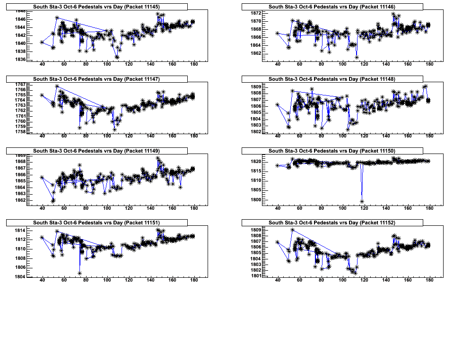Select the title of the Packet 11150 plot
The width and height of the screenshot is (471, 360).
(332, 151)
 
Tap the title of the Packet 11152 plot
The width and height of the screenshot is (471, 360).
(332, 223)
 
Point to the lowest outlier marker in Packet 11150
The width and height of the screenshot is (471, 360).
(362, 202)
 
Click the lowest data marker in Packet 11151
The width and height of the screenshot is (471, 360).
(80, 273)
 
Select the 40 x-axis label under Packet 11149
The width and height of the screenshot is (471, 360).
(42, 209)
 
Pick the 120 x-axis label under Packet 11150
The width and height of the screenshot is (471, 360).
(365, 209)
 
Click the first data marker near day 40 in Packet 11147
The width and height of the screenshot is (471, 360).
(42, 95)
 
